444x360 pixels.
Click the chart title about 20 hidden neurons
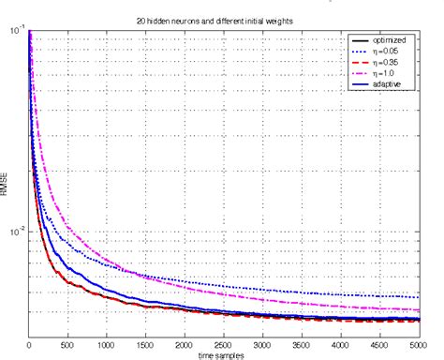pyautogui.click(x=223, y=20)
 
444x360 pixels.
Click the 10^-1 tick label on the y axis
pyautogui.click(x=17, y=31)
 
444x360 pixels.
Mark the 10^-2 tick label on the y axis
pyautogui.click(x=17, y=231)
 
